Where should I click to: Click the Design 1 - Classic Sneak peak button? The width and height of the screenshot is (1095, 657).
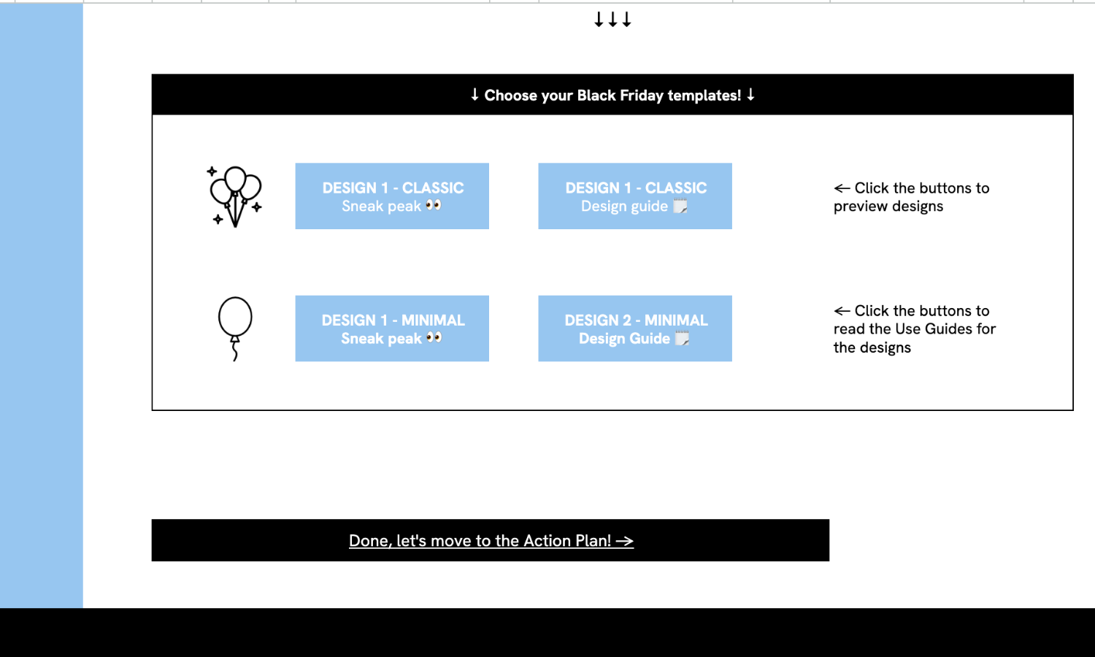(x=392, y=196)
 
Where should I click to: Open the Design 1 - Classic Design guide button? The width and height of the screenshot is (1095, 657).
(x=635, y=196)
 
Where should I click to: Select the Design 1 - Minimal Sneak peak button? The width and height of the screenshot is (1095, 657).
(x=392, y=328)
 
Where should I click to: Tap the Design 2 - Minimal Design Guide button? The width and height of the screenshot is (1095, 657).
(x=635, y=328)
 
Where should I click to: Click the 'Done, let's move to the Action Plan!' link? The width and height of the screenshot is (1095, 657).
(x=491, y=541)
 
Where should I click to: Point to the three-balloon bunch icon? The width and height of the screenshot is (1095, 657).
(x=235, y=196)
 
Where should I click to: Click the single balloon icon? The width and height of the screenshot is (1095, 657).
(x=235, y=328)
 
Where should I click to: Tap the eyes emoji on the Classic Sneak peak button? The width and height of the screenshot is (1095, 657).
(x=433, y=205)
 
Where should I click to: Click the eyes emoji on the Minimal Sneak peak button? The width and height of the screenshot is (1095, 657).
(x=434, y=338)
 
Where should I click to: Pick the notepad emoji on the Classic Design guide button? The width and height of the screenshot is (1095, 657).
(x=680, y=205)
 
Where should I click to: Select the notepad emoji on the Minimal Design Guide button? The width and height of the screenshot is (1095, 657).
(x=682, y=338)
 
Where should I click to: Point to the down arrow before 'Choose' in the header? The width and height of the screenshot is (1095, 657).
(x=474, y=94)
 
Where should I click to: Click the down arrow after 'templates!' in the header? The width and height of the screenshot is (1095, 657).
(x=750, y=94)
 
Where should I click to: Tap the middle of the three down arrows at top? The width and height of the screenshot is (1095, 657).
(x=612, y=20)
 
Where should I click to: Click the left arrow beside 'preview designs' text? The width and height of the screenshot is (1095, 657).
(x=842, y=188)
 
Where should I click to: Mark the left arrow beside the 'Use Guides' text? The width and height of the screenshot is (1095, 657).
(x=842, y=311)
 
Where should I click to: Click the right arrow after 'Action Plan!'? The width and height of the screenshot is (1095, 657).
(x=625, y=541)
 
